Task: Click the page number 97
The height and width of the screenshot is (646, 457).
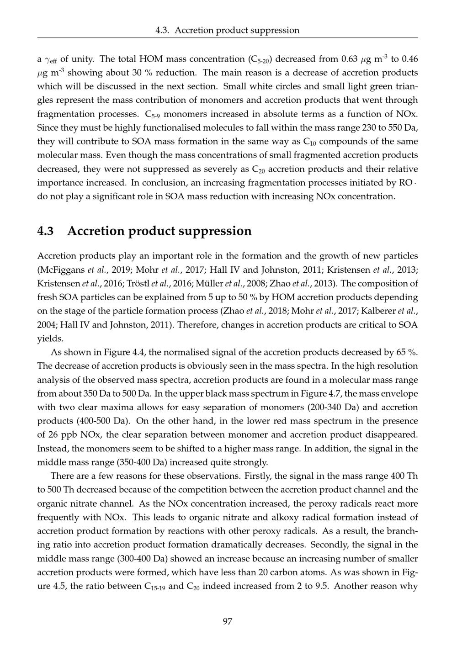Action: click(x=228, y=621)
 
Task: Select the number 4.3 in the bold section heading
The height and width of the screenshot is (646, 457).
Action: click(x=45, y=231)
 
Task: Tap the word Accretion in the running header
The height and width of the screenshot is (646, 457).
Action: click(x=194, y=30)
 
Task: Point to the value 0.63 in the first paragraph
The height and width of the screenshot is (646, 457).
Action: click(x=350, y=59)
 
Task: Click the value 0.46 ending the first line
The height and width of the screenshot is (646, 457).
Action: click(x=409, y=59)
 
